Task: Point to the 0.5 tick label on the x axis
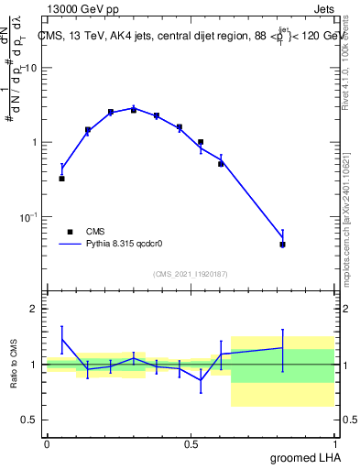(x=191, y=443)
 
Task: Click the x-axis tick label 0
(x=47, y=443)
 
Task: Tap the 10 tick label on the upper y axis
(x=31, y=69)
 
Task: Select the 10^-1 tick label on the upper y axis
(x=29, y=217)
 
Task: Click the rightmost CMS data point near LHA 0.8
(x=282, y=245)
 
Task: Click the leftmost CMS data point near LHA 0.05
(x=61, y=179)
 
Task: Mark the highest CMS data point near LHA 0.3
(x=134, y=109)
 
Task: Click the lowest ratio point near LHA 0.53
(x=201, y=380)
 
